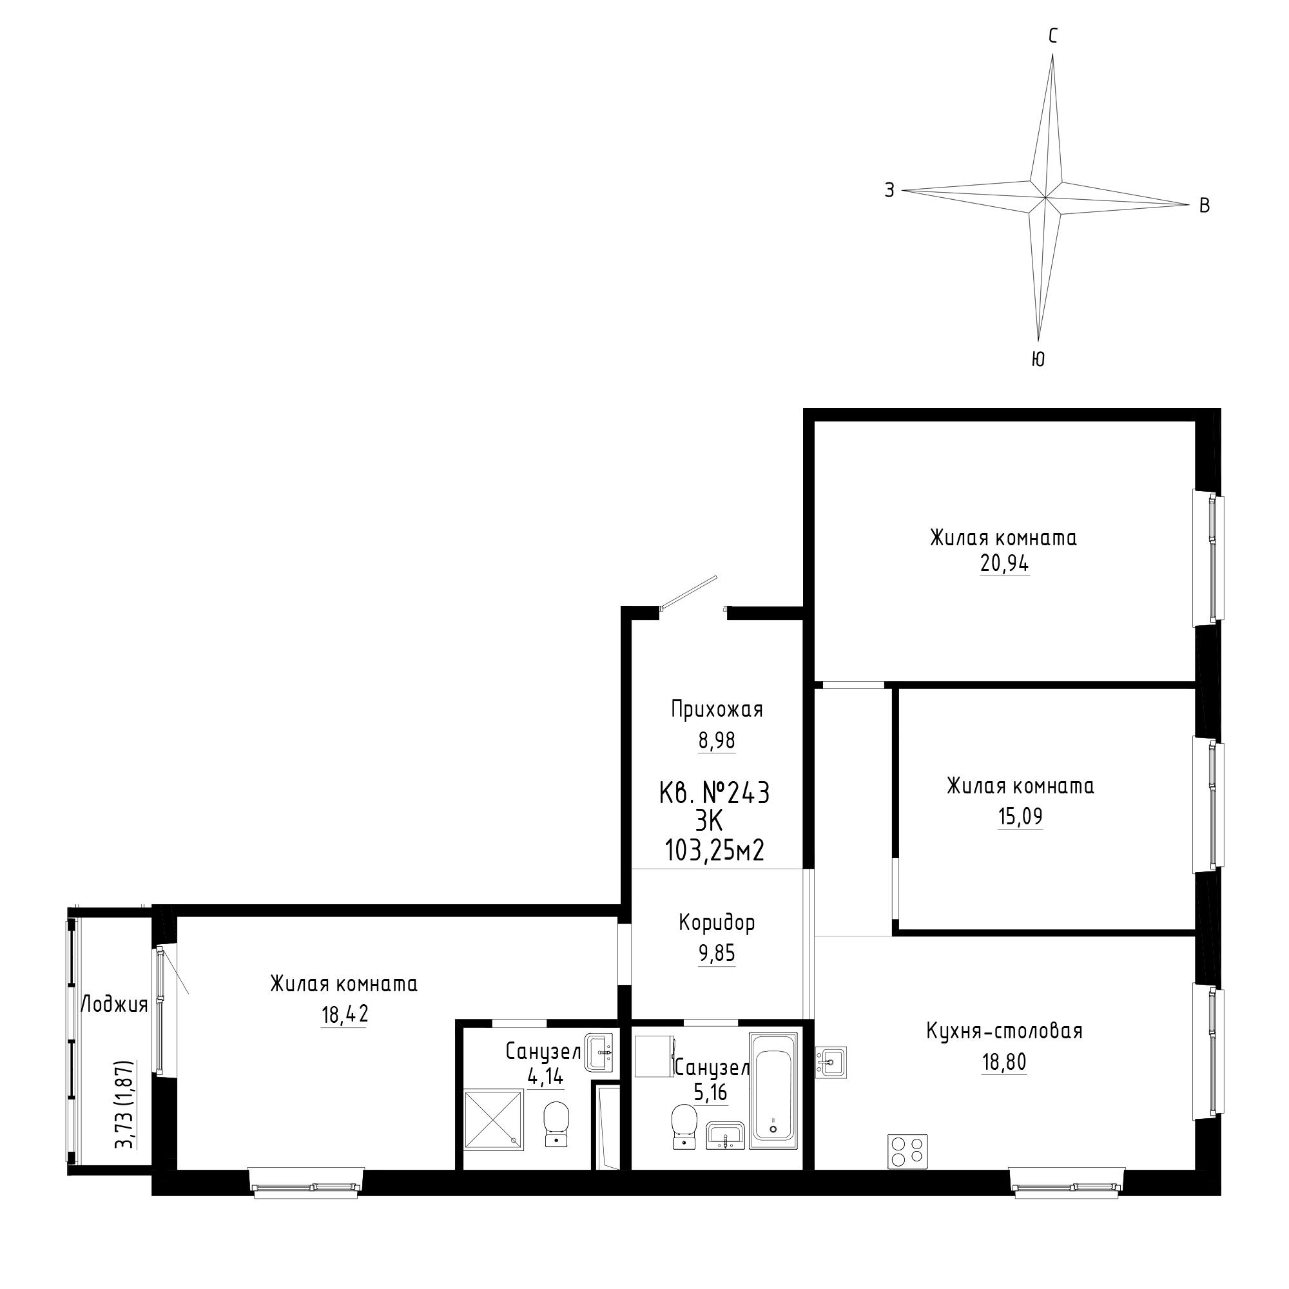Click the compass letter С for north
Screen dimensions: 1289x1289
pyautogui.click(x=1053, y=36)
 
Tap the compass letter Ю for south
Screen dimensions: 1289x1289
pyautogui.click(x=1038, y=359)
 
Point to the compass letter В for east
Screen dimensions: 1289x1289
pyautogui.click(x=1205, y=206)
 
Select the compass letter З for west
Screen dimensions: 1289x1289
pyautogui.click(x=889, y=190)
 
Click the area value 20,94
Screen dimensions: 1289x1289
pyautogui.click(x=1004, y=564)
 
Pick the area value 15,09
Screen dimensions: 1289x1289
pyautogui.click(x=1020, y=816)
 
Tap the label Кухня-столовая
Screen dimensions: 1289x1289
pyautogui.click(x=1004, y=1031)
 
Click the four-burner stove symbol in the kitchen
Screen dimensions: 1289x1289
pyautogui.click(x=907, y=1151)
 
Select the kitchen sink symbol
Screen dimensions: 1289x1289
pyautogui.click(x=831, y=1062)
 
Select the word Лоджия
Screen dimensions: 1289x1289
pyautogui.click(x=114, y=1005)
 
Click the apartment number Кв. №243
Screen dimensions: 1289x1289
pyautogui.click(x=715, y=793)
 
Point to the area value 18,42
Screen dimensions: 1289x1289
pyautogui.click(x=344, y=1015)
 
